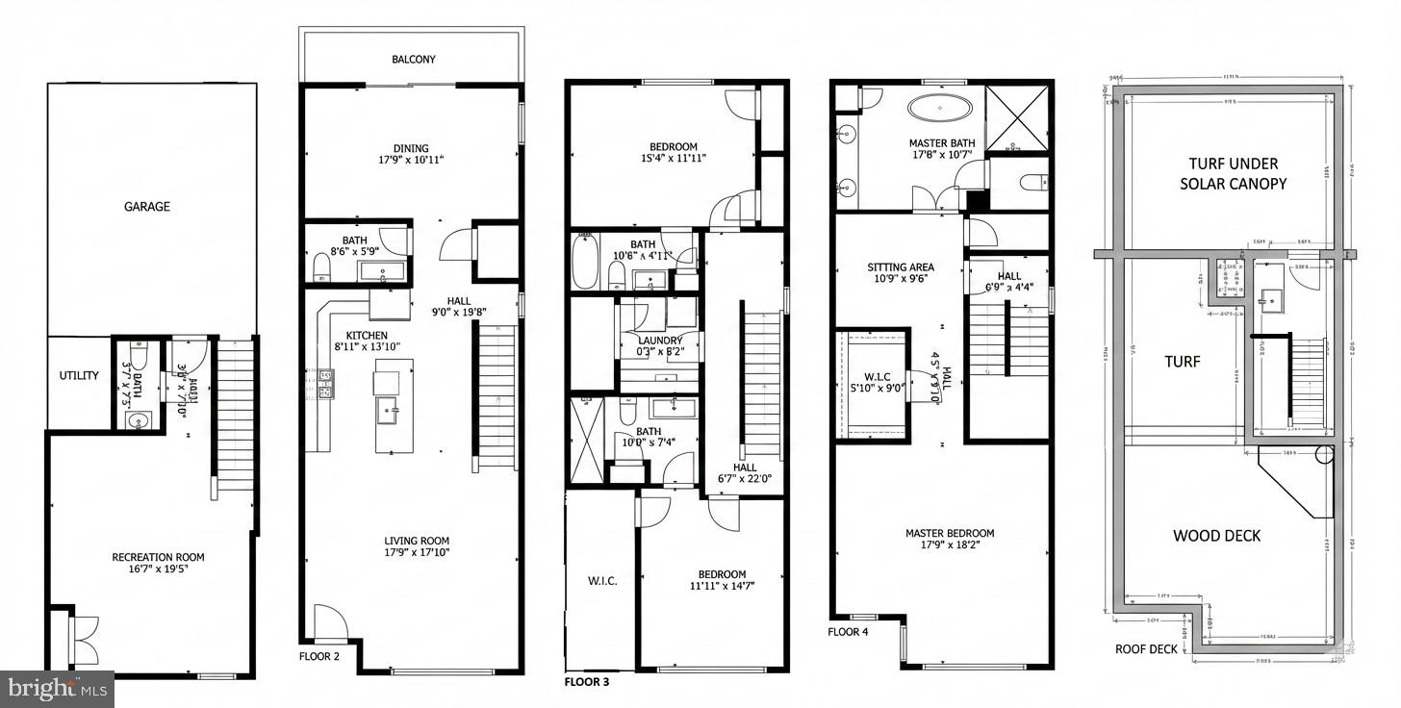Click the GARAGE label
pyautogui.click(x=147, y=206)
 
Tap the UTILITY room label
pyautogui.click(x=79, y=375)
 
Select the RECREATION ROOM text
pyautogui.click(x=158, y=557)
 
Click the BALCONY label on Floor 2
pyautogui.click(x=414, y=60)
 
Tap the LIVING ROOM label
pyautogui.click(x=416, y=541)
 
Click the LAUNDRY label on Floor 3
pyautogui.click(x=660, y=341)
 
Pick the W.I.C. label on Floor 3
pyautogui.click(x=601, y=581)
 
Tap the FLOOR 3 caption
pyautogui.click(x=586, y=682)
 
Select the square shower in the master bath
pyautogui.click(x=1018, y=119)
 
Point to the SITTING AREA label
pyautogui.click(x=901, y=267)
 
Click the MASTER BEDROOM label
pyautogui.click(x=950, y=533)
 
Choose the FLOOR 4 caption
pyautogui.click(x=848, y=632)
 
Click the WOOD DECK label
pyautogui.click(x=1216, y=536)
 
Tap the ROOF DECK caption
pyautogui.click(x=1146, y=649)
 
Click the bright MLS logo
pyautogui.click(x=57, y=689)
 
